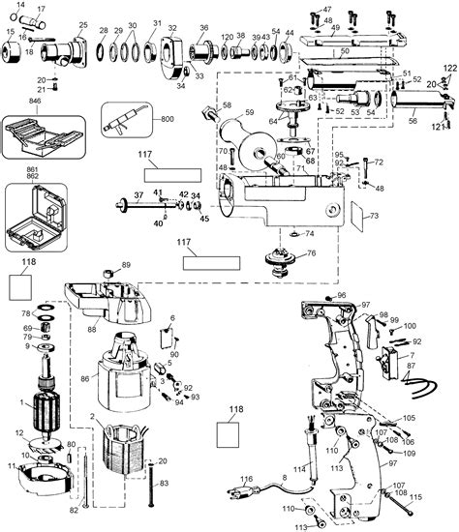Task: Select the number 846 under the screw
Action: (x=36, y=100)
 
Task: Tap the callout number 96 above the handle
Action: (x=341, y=295)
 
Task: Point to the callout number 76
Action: (x=312, y=253)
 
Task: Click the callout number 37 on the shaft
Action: (x=139, y=194)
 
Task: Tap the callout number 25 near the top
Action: (x=82, y=24)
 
